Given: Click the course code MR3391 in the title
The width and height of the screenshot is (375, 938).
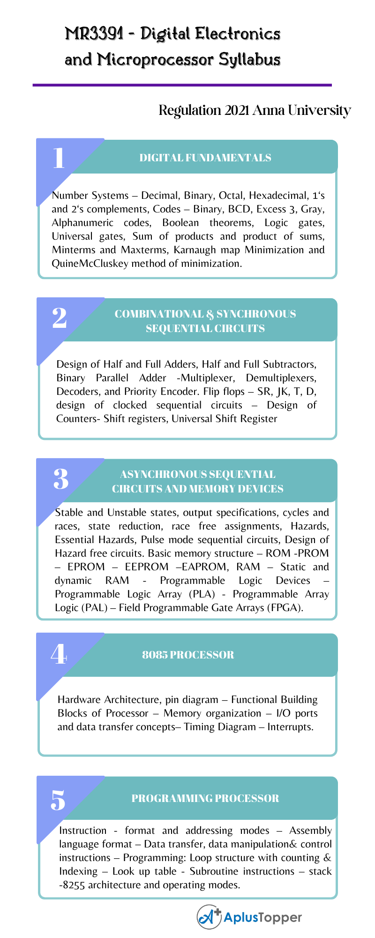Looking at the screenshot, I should coord(94,34).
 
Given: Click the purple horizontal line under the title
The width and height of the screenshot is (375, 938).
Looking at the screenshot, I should coord(182,85).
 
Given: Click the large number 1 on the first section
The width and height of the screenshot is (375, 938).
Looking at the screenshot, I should coord(59,158).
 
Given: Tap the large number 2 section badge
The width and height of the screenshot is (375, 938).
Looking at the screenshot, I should coord(60,318).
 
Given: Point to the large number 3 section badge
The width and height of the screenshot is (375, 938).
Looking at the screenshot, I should coord(61,479).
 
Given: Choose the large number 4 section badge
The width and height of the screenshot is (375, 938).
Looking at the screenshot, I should coord(59,654).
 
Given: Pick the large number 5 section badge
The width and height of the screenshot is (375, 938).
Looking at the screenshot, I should coord(59,800).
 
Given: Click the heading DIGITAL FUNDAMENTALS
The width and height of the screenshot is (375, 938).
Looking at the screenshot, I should coord(205,158).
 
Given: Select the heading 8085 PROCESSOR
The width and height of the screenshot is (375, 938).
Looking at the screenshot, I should coord(188,655).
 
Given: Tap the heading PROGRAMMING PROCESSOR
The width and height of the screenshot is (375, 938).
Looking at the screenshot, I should coord(205,798).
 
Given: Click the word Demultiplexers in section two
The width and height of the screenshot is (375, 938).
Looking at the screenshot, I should coord(281,378).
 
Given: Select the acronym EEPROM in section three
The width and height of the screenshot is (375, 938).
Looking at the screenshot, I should coord(146,567).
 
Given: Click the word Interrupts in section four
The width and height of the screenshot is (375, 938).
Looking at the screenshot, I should coord(290,727).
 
